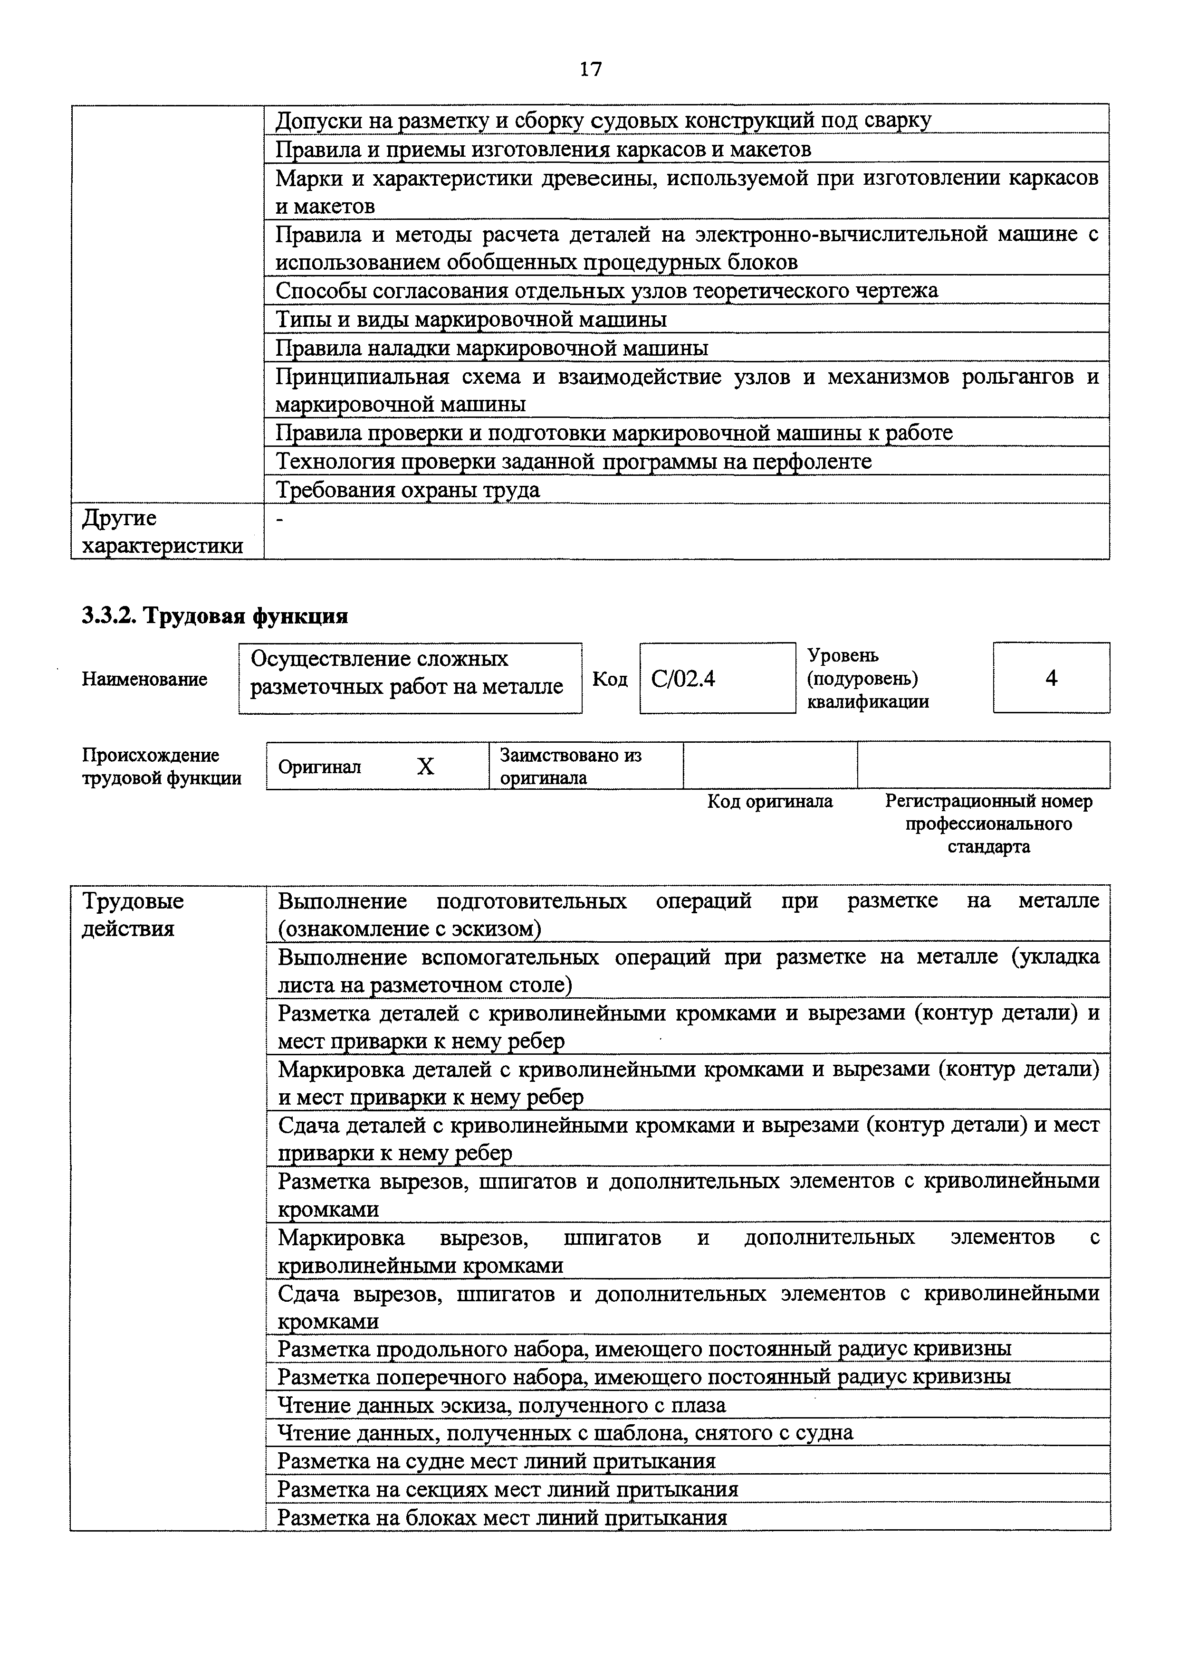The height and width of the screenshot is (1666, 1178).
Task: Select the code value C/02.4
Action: pyautogui.click(x=683, y=679)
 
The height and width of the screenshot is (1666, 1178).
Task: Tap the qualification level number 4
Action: pyautogui.click(x=1051, y=679)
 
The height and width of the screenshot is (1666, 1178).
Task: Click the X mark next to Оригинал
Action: pyautogui.click(x=425, y=766)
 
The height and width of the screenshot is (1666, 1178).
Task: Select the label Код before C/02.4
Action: pyautogui.click(x=610, y=679)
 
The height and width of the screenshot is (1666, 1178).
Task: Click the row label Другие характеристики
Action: pyautogui.click(x=162, y=532)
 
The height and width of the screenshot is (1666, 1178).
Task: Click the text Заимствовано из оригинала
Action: pyautogui.click(x=571, y=766)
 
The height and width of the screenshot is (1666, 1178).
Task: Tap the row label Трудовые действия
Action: pyautogui.click(x=133, y=914)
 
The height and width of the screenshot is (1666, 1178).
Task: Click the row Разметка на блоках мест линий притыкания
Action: pyautogui.click(x=502, y=1517)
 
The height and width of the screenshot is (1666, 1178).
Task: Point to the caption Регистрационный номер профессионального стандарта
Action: pyautogui.click(x=988, y=824)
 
